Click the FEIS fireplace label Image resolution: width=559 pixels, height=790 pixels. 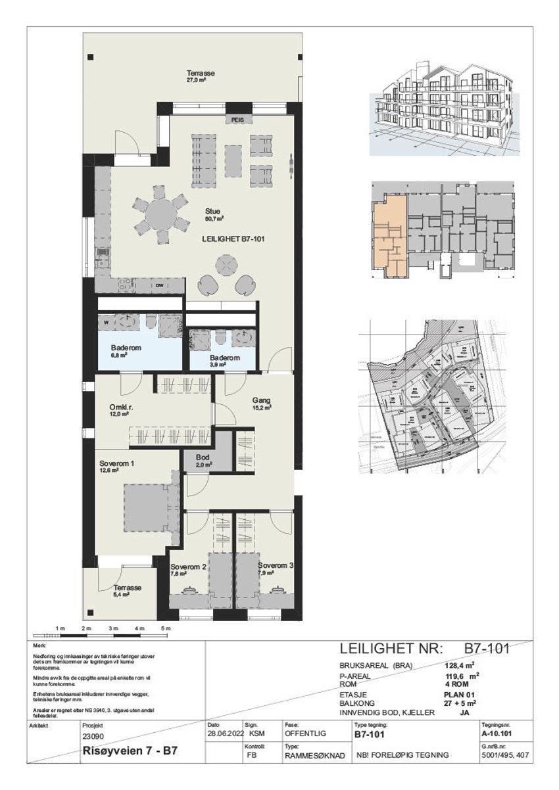tap(237, 120)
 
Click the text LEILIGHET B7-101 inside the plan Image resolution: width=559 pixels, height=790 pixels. tap(233, 240)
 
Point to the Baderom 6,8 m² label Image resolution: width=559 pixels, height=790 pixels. tap(124, 351)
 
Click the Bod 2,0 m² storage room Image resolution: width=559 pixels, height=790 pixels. tap(204, 460)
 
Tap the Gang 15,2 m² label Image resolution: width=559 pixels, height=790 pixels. tap(262, 404)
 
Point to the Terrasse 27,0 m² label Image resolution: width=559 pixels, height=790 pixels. tap(200, 76)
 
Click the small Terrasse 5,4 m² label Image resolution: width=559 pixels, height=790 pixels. tap(127, 591)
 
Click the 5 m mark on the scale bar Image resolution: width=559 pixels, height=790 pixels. tap(166, 629)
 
